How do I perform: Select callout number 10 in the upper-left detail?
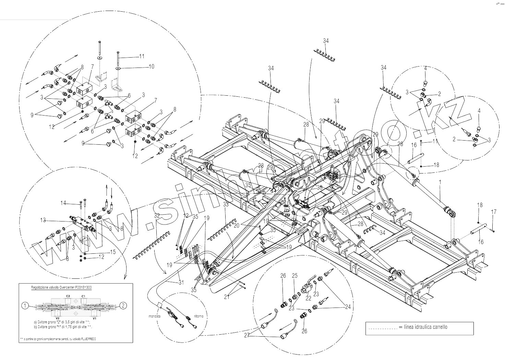pos(151,67)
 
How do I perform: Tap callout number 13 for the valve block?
pos(43,220)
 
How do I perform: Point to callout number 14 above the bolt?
pos(63,203)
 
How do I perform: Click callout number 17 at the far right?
pos(494,212)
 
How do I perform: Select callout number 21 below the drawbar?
pos(227,297)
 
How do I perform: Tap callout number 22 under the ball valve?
pos(308,299)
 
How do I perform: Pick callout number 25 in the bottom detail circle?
pos(295,276)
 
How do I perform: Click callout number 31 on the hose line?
pos(181,282)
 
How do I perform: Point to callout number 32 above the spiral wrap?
pos(157,216)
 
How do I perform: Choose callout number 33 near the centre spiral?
pos(225,205)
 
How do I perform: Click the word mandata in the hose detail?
pos(155,316)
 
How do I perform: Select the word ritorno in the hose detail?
pos(198,316)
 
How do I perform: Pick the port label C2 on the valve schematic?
pos(68,295)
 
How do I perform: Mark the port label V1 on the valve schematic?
pos(95,319)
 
